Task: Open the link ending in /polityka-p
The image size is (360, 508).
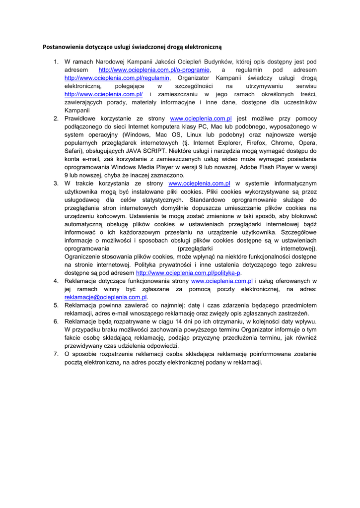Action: coord(188,273)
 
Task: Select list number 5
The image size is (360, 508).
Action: coord(56,305)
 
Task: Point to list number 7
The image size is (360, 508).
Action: coord(56,354)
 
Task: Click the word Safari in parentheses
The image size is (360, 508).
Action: coord(73,150)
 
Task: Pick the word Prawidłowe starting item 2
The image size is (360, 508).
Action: coord(82,119)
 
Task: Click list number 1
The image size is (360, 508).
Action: coord(56,62)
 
